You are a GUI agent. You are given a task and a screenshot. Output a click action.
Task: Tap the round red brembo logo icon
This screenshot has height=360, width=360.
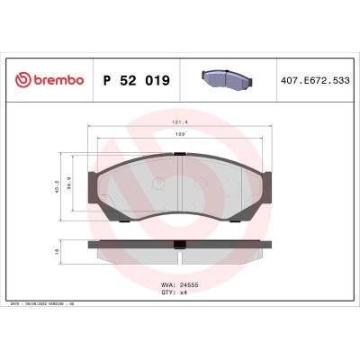tap(22, 80)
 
